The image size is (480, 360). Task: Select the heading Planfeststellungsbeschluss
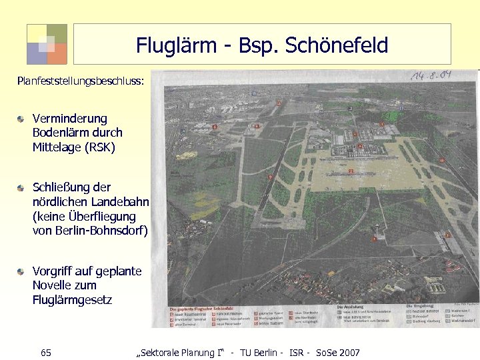pyautogui.click(x=81, y=81)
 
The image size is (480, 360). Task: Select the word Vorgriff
pyautogui.click(x=54, y=271)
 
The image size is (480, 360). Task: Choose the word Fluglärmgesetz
pyautogui.click(x=72, y=301)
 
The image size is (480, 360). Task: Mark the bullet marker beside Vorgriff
pyautogui.click(x=22, y=271)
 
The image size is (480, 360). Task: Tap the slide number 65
pyautogui.click(x=46, y=352)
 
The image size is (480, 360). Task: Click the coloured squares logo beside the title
pyautogui.click(x=47, y=44)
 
